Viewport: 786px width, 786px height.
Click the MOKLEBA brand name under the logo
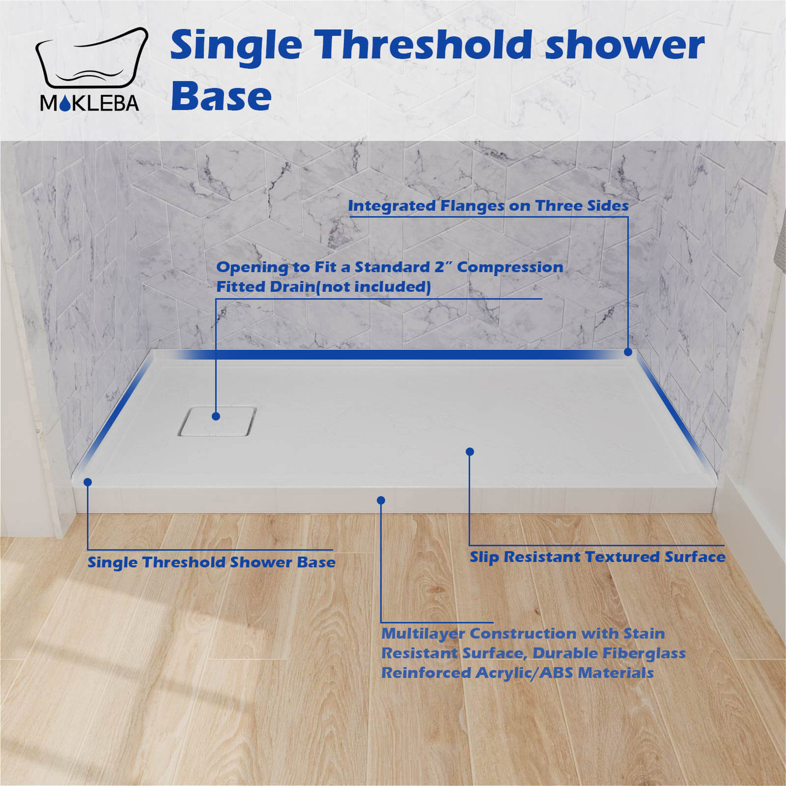pyautogui.click(x=89, y=103)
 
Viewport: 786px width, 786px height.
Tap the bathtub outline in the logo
pyautogui.click(x=91, y=59)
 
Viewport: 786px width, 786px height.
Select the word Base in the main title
pyautogui.click(x=221, y=96)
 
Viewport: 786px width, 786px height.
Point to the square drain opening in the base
pyautogui.click(x=217, y=421)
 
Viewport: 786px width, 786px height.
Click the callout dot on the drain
pyautogui.click(x=216, y=416)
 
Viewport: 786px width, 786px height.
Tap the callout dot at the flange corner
pyautogui.click(x=628, y=352)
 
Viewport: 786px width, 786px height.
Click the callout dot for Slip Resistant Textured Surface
pyautogui.click(x=470, y=451)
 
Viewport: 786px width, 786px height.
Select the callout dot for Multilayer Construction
pyautogui.click(x=381, y=500)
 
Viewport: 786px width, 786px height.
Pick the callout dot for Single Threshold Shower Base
pyautogui.click(x=87, y=482)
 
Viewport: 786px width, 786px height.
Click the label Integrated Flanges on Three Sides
pyautogui.click(x=488, y=206)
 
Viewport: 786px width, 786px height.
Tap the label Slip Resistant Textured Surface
pyautogui.click(x=597, y=557)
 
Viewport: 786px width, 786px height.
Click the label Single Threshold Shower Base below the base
pyautogui.click(x=211, y=562)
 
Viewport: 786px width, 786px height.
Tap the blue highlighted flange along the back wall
pyautogui.click(x=393, y=354)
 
